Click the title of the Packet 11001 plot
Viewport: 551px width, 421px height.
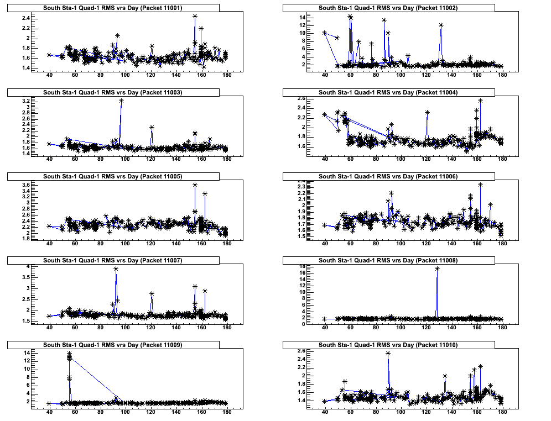pos(113,8)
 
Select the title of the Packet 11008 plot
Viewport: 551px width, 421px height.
pos(388,260)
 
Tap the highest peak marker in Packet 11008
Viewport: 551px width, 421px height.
pos(437,269)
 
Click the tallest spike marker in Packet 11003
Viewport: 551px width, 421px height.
pos(121,101)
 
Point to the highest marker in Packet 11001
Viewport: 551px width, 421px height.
pos(195,16)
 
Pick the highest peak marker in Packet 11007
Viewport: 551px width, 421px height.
pos(116,269)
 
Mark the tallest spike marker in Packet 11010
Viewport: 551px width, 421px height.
pos(388,354)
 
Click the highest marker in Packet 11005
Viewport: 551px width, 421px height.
pos(195,185)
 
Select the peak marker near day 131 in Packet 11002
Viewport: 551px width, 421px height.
pos(441,25)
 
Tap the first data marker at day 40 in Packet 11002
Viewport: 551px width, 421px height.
pos(325,33)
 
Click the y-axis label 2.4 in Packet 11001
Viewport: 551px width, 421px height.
pos(25,18)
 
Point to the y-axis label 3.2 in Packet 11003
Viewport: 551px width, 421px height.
pos(25,101)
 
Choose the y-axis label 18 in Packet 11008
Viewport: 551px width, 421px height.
pos(303,266)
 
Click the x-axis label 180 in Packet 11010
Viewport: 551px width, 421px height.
pos(502,414)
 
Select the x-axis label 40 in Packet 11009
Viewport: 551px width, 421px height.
pos(49,414)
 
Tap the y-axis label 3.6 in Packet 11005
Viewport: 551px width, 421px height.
pos(25,185)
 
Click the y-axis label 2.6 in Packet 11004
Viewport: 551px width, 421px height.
pos(302,98)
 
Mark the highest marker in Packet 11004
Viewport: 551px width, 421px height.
pos(480,101)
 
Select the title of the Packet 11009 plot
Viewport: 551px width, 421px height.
pos(113,345)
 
